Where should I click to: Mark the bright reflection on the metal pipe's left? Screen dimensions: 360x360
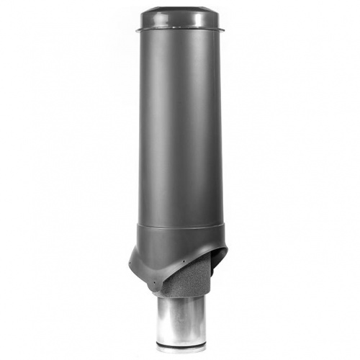point(167,317)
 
